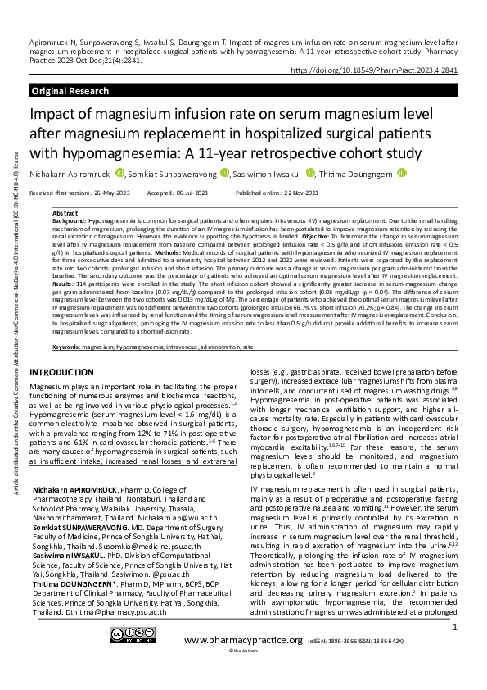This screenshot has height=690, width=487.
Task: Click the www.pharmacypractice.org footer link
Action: pos(243,662)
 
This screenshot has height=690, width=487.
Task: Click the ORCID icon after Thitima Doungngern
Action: pos(401,173)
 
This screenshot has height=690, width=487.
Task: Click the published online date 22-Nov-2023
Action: pos(288,192)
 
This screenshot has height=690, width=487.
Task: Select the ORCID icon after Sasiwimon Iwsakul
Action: pos(311,173)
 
